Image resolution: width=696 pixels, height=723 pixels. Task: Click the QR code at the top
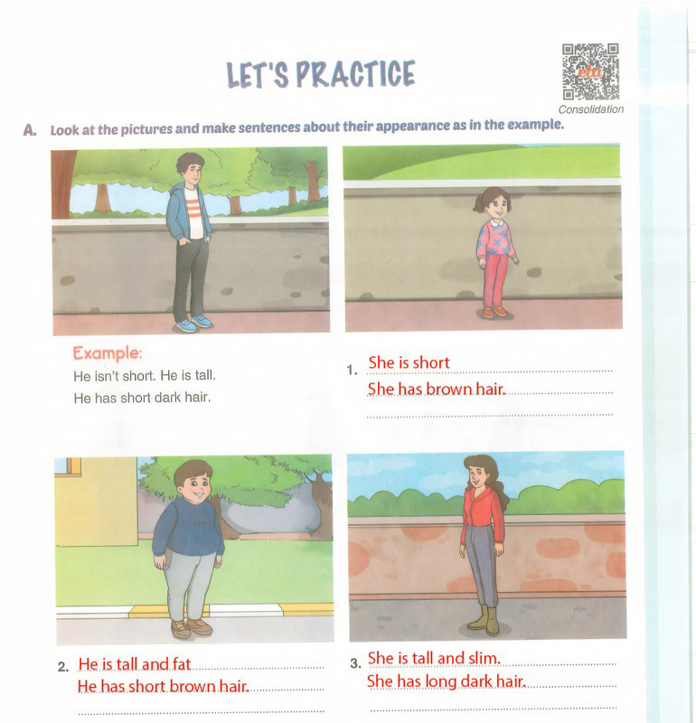pyautogui.click(x=590, y=71)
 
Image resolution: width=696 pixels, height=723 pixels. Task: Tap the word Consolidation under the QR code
pyautogui.click(x=591, y=109)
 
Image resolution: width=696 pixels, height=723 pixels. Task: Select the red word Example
pyautogui.click(x=108, y=352)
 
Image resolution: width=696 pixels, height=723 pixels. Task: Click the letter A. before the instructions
pyautogui.click(x=31, y=129)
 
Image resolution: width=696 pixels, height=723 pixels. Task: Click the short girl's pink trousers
pyautogui.click(x=494, y=281)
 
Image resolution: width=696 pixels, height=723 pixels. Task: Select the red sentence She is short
pyautogui.click(x=409, y=363)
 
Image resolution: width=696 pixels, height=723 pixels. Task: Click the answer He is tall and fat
pyautogui.click(x=135, y=664)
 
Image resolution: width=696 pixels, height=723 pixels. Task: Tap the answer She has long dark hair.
pyautogui.click(x=447, y=681)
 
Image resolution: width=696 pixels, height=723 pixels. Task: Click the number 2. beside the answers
pyautogui.click(x=63, y=668)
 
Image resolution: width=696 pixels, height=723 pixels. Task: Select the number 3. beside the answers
pyautogui.click(x=355, y=663)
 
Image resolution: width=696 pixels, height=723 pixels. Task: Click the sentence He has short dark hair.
pyautogui.click(x=142, y=397)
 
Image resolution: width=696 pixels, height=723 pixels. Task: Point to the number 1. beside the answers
pyautogui.click(x=353, y=370)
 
